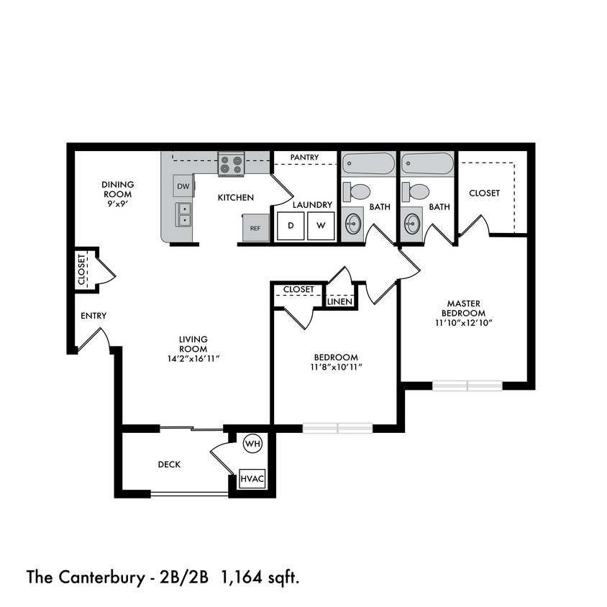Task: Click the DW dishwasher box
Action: click(183, 186)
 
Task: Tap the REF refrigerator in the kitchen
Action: click(255, 228)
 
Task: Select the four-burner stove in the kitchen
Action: click(231, 165)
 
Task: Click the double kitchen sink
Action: click(184, 214)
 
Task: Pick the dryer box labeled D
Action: click(291, 226)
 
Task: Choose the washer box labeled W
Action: click(321, 226)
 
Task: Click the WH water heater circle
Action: click(252, 444)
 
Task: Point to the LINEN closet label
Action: click(340, 301)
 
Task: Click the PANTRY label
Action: click(304, 157)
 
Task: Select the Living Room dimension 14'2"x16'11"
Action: click(193, 357)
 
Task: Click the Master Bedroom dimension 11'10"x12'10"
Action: click(464, 322)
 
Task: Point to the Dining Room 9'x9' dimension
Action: click(117, 203)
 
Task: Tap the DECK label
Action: click(169, 465)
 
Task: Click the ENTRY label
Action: click(93, 316)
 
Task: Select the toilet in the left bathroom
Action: click(356, 192)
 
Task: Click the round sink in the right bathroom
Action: click(412, 222)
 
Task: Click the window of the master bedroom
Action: click(467, 385)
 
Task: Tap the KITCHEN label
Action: click(236, 197)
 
